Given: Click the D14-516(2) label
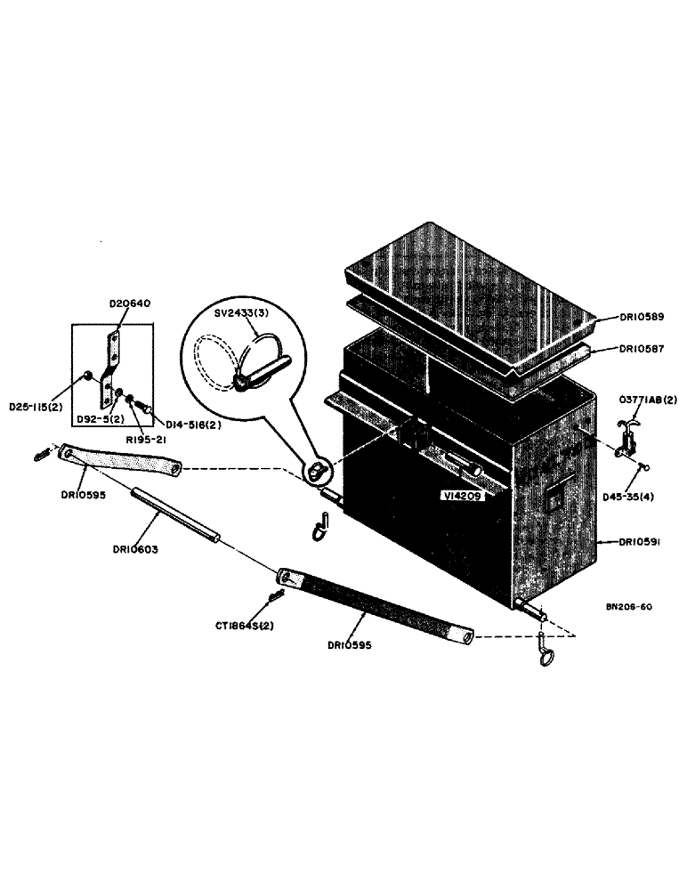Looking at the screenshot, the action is coord(185,425).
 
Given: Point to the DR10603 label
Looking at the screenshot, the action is coord(136,548).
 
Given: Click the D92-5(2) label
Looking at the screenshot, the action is coord(95,416).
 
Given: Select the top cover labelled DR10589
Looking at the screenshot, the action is coord(467,294).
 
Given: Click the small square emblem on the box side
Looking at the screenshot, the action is coord(554,501).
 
